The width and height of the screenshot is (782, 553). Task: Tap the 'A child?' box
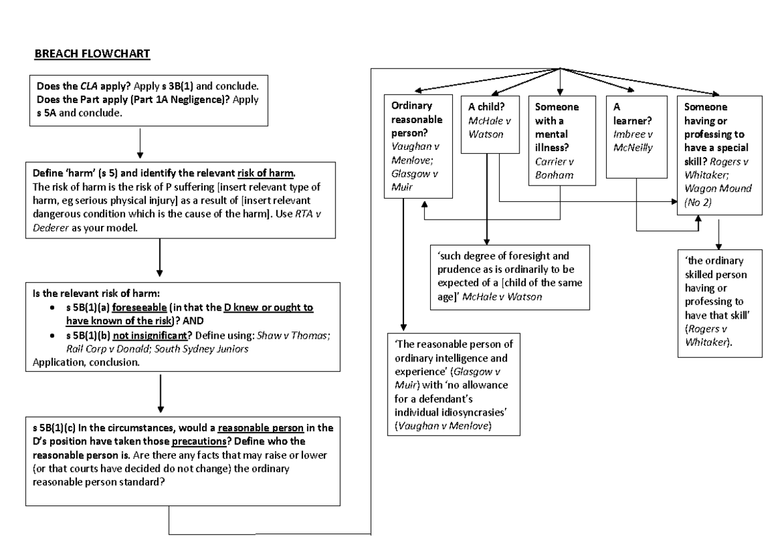pos(485,124)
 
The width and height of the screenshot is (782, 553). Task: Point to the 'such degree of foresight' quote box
pos(509,276)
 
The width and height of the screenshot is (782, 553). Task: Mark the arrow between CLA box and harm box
pos(141,143)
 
